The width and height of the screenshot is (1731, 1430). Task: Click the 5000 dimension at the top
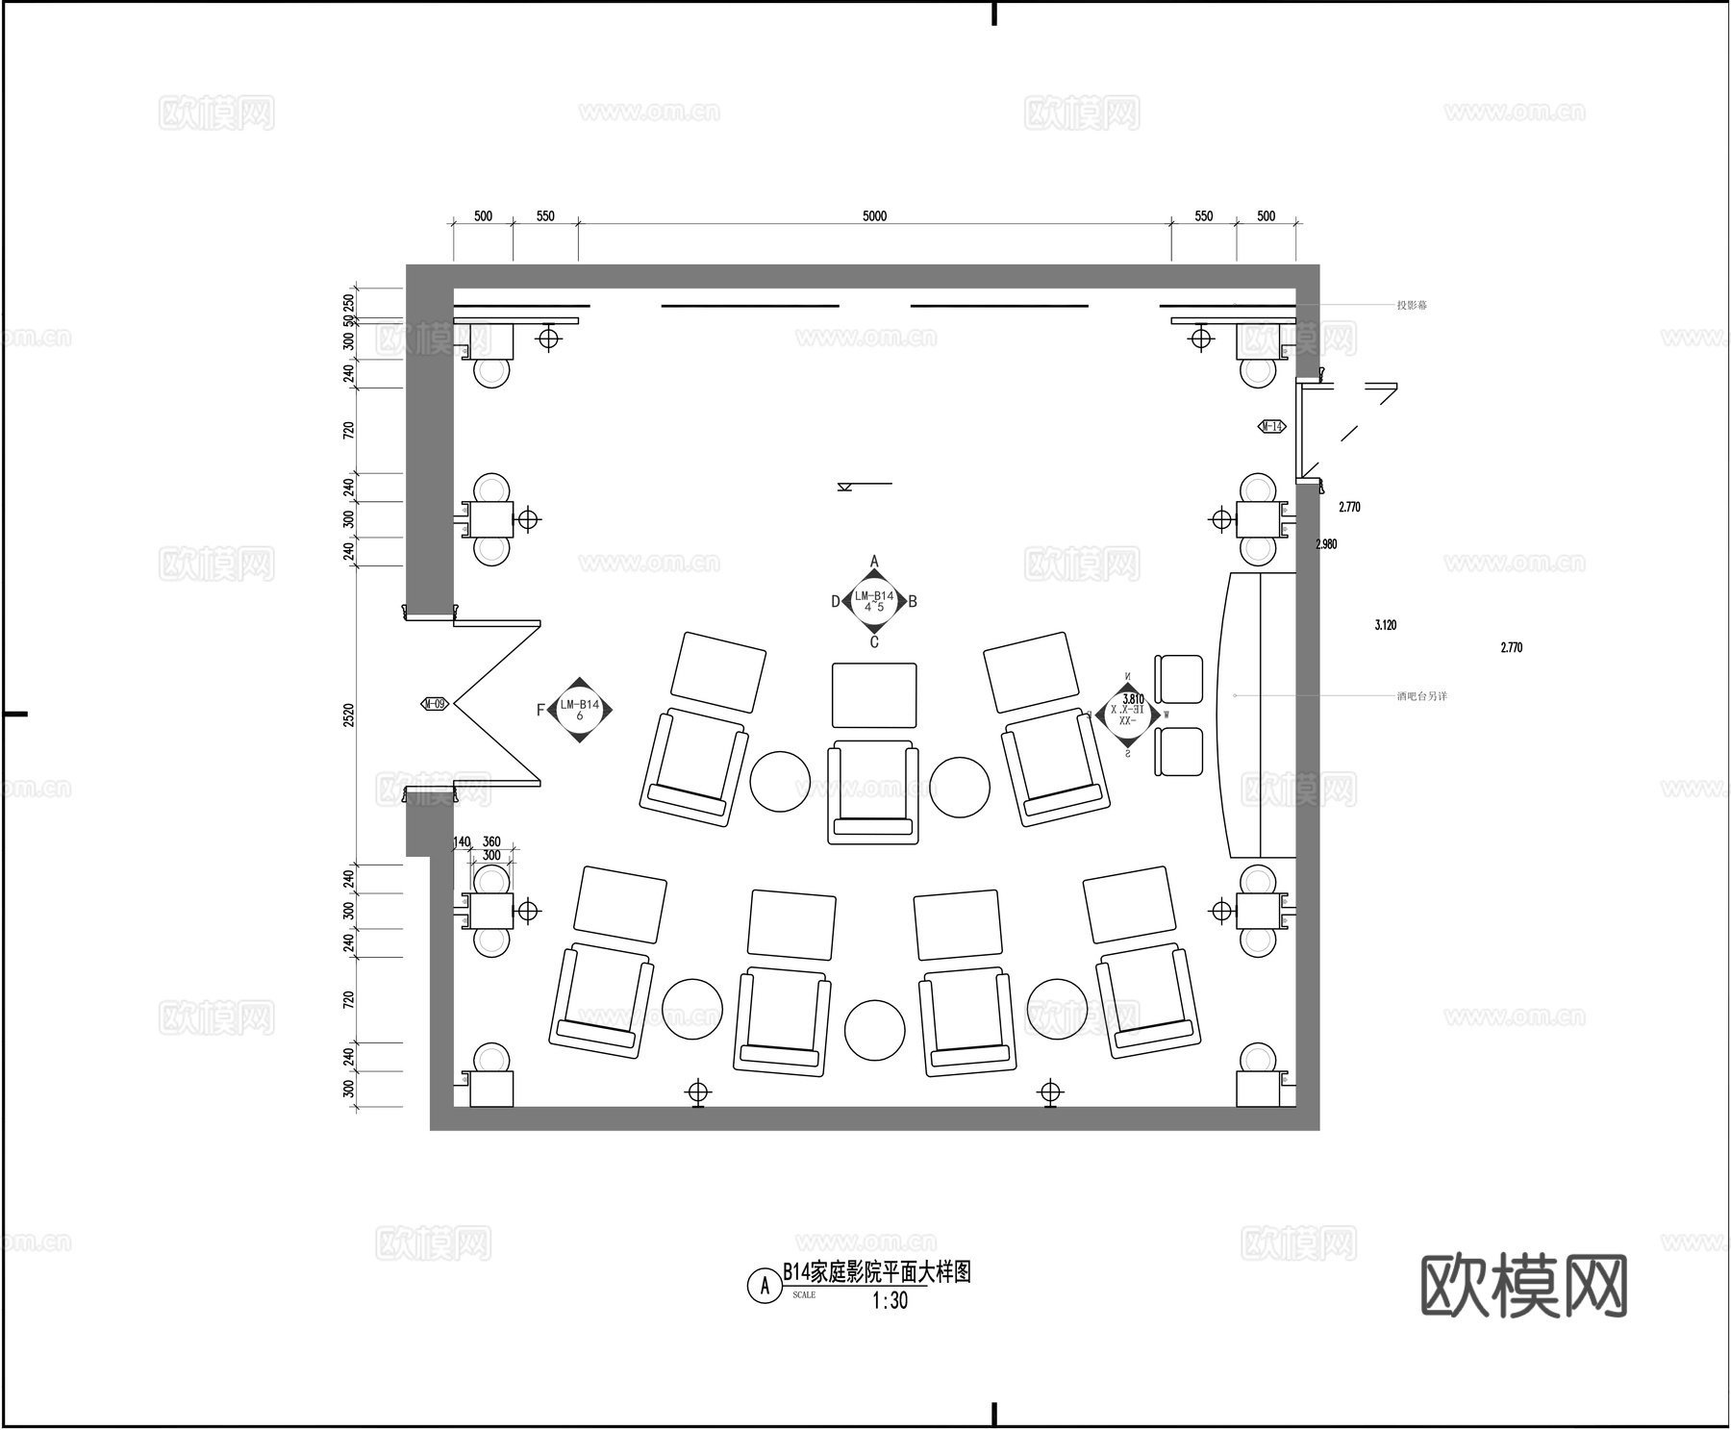coord(873,216)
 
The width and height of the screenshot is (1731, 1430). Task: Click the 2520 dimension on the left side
coord(349,715)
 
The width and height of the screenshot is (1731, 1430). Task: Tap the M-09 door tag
coord(435,704)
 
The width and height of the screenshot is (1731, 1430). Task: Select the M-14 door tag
coord(1271,426)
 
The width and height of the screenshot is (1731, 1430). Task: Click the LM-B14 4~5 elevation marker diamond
coord(873,602)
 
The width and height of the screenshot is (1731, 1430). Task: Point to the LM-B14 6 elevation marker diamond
coord(579,710)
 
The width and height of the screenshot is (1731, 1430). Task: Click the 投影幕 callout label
coord(1412,306)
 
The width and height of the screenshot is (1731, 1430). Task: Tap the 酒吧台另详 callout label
coord(1421,695)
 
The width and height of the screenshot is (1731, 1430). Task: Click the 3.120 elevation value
coord(1385,625)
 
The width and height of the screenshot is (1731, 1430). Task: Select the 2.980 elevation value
coord(1326,544)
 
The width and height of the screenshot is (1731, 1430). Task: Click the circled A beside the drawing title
coord(765,1285)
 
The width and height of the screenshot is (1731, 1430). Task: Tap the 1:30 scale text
coord(889,1301)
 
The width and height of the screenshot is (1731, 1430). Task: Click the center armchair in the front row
coord(872,790)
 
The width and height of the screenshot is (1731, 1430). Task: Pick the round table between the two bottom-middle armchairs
coord(874,1030)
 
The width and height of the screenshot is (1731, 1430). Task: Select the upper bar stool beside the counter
coord(1178,679)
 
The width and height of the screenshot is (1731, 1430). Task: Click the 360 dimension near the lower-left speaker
coord(490,842)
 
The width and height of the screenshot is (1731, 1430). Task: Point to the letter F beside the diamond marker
coord(540,711)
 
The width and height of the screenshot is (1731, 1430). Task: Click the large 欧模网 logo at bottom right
coord(1523,1285)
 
